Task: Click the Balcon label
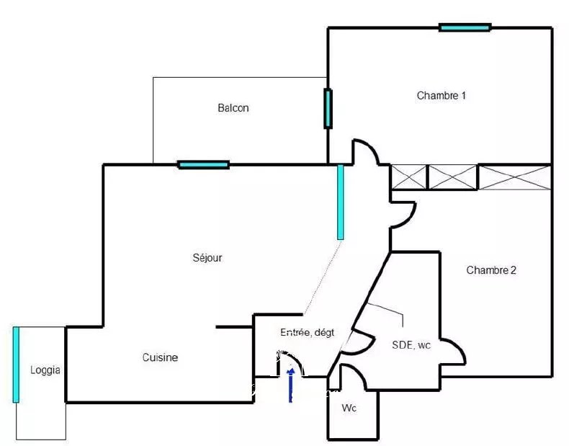(233, 108)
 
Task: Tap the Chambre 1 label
(442, 95)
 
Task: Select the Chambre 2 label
(491, 270)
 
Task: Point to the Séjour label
(207, 258)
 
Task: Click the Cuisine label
(160, 357)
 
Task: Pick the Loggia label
(45, 370)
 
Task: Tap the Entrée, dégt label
(308, 332)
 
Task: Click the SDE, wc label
(411, 344)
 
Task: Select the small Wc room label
(349, 408)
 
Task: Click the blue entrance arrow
(291, 385)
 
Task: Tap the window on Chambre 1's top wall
(465, 27)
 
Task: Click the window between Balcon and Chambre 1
(328, 108)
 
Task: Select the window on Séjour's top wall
(204, 165)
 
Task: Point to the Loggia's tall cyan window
(16, 365)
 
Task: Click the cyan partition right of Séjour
(341, 202)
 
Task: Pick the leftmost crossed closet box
(408, 177)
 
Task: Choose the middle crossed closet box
(452, 177)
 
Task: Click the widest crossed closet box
(515, 177)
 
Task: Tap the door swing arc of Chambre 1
(372, 146)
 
